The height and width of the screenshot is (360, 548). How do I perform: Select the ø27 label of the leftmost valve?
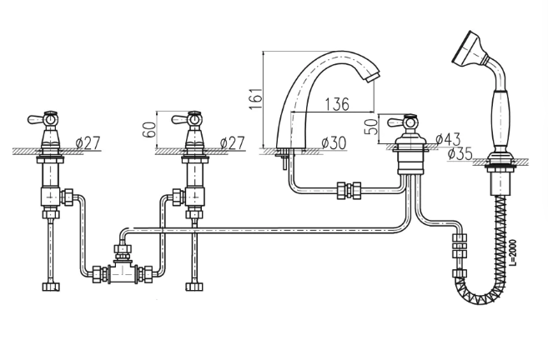(x=86, y=142)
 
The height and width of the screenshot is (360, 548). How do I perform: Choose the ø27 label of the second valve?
(x=231, y=142)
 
